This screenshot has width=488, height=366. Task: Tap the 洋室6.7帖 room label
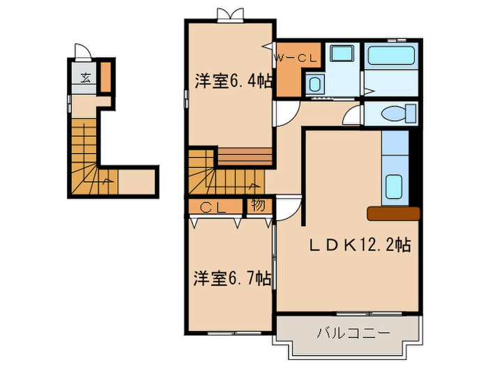232,279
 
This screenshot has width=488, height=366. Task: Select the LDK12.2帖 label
360,244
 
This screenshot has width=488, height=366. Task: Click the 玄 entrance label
84,77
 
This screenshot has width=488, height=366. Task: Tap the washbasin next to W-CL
314,85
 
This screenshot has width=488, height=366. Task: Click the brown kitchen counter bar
393,213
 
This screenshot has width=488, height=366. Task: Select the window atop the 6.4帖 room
231,14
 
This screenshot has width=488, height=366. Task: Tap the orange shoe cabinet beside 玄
105,77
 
